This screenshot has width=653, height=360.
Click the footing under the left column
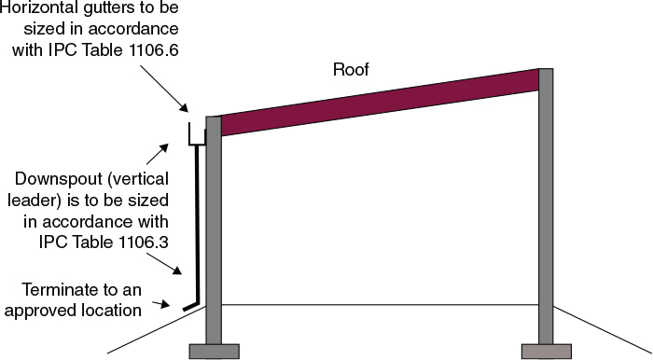214,351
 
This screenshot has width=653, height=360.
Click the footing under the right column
546,351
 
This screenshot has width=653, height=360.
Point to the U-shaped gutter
196,138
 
